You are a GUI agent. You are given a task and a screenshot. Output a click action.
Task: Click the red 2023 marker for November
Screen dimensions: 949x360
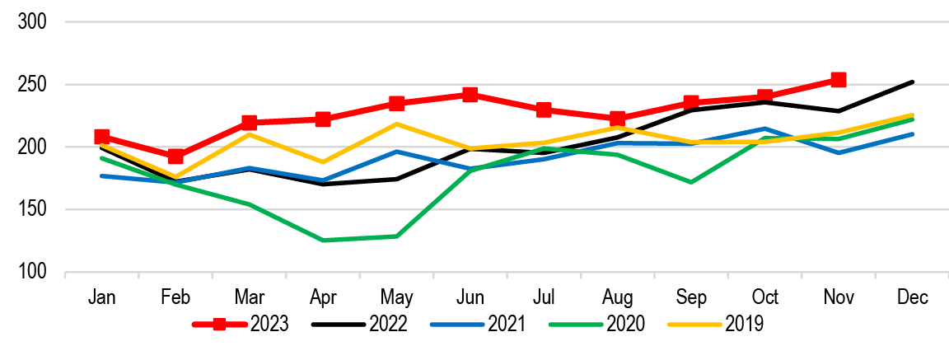coord(839,79)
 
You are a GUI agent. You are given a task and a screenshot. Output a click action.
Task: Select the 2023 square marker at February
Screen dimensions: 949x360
coord(175,156)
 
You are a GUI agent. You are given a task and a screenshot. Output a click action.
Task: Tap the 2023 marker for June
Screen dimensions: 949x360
coord(470,95)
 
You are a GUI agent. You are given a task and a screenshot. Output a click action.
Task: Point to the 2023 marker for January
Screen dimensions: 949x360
coord(101,136)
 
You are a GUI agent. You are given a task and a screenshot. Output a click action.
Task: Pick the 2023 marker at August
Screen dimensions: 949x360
coord(617,118)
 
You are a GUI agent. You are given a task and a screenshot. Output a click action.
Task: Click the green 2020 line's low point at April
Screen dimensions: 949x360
coord(323,241)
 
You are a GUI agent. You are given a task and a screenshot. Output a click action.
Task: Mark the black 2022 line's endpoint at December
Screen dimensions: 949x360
coord(912,82)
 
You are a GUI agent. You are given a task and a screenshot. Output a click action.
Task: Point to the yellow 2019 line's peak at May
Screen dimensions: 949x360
coord(396,124)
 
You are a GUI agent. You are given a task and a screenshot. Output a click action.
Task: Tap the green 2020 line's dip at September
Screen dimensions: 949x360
coord(691,182)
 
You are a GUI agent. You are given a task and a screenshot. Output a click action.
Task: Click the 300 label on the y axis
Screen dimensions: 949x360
coord(34,22)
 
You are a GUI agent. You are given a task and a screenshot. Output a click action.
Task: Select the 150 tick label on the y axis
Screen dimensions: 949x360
coord(34,210)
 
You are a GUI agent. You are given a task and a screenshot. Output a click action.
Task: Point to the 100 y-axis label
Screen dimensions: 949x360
coord(34,273)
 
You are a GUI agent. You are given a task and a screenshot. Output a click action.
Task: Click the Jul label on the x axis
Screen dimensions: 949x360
coord(544,297)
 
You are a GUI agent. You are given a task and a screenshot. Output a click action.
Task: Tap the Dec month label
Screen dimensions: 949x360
coord(912,297)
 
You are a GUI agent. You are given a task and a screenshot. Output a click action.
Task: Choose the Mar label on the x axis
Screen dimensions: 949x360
coord(249,297)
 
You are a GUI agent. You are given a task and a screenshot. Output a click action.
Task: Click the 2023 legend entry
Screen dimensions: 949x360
coord(241,325)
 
